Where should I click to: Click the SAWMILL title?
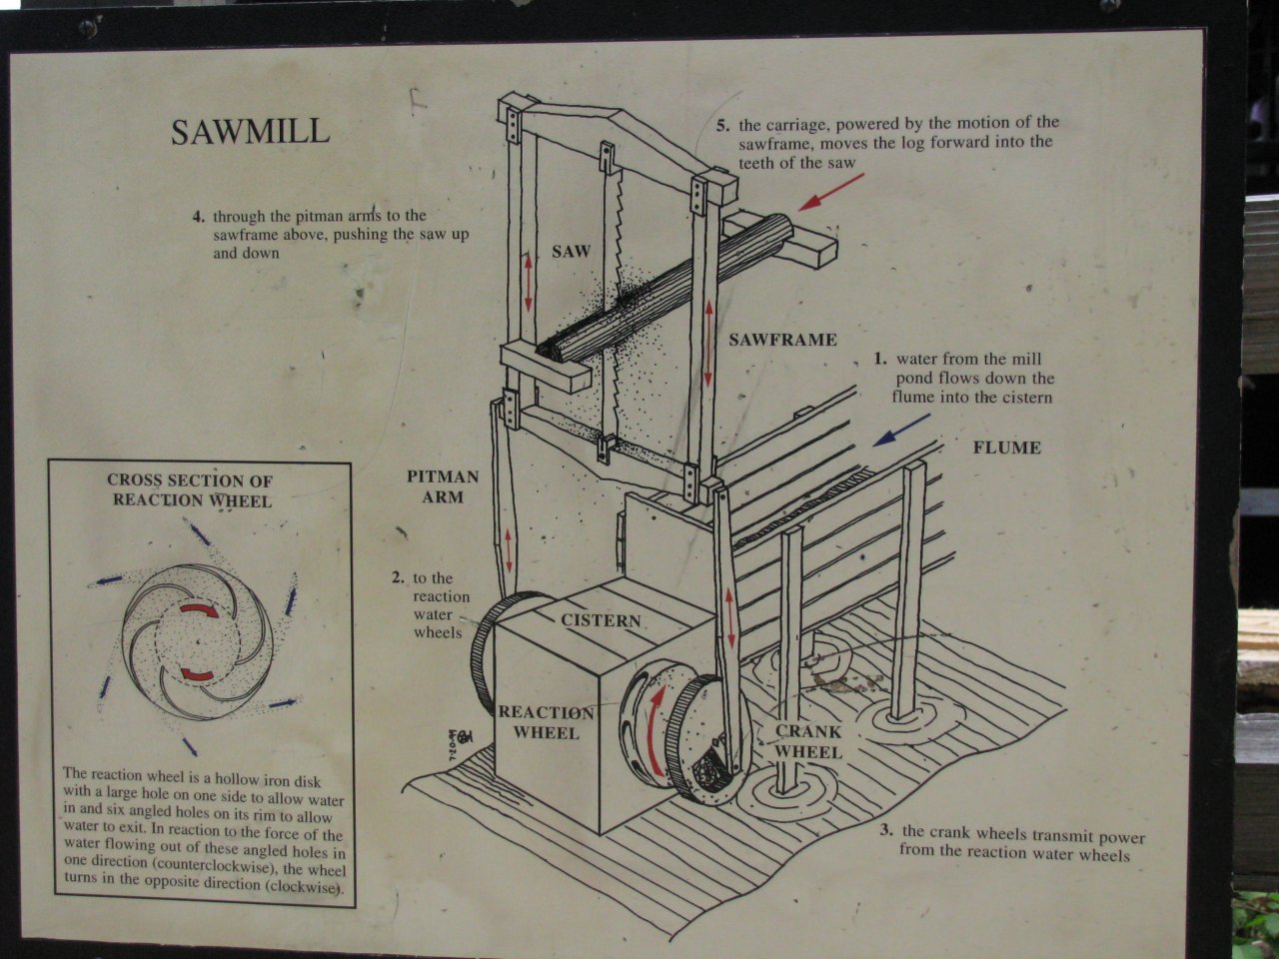click(x=250, y=132)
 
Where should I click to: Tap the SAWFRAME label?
click(x=782, y=340)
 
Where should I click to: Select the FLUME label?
click(x=1007, y=448)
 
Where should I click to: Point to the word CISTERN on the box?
click(x=601, y=620)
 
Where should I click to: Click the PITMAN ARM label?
click(x=443, y=486)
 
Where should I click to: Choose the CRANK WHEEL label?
click(x=808, y=742)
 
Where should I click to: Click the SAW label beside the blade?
click(x=571, y=252)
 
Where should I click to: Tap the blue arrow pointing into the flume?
click(x=901, y=431)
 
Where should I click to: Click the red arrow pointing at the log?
click(x=831, y=192)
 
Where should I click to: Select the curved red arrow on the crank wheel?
click(x=657, y=731)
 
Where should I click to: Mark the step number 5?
click(x=722, y=126)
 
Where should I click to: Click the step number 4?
click(x=199, y=217)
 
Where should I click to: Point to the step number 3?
click(x=886, y=830)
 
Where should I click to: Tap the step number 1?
click(x=880, y=360)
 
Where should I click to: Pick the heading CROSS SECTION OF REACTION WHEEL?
click(x=191, y=490)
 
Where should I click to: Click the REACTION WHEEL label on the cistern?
click(x=546, y=722)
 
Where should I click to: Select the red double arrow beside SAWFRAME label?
click(x=708, y=343)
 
